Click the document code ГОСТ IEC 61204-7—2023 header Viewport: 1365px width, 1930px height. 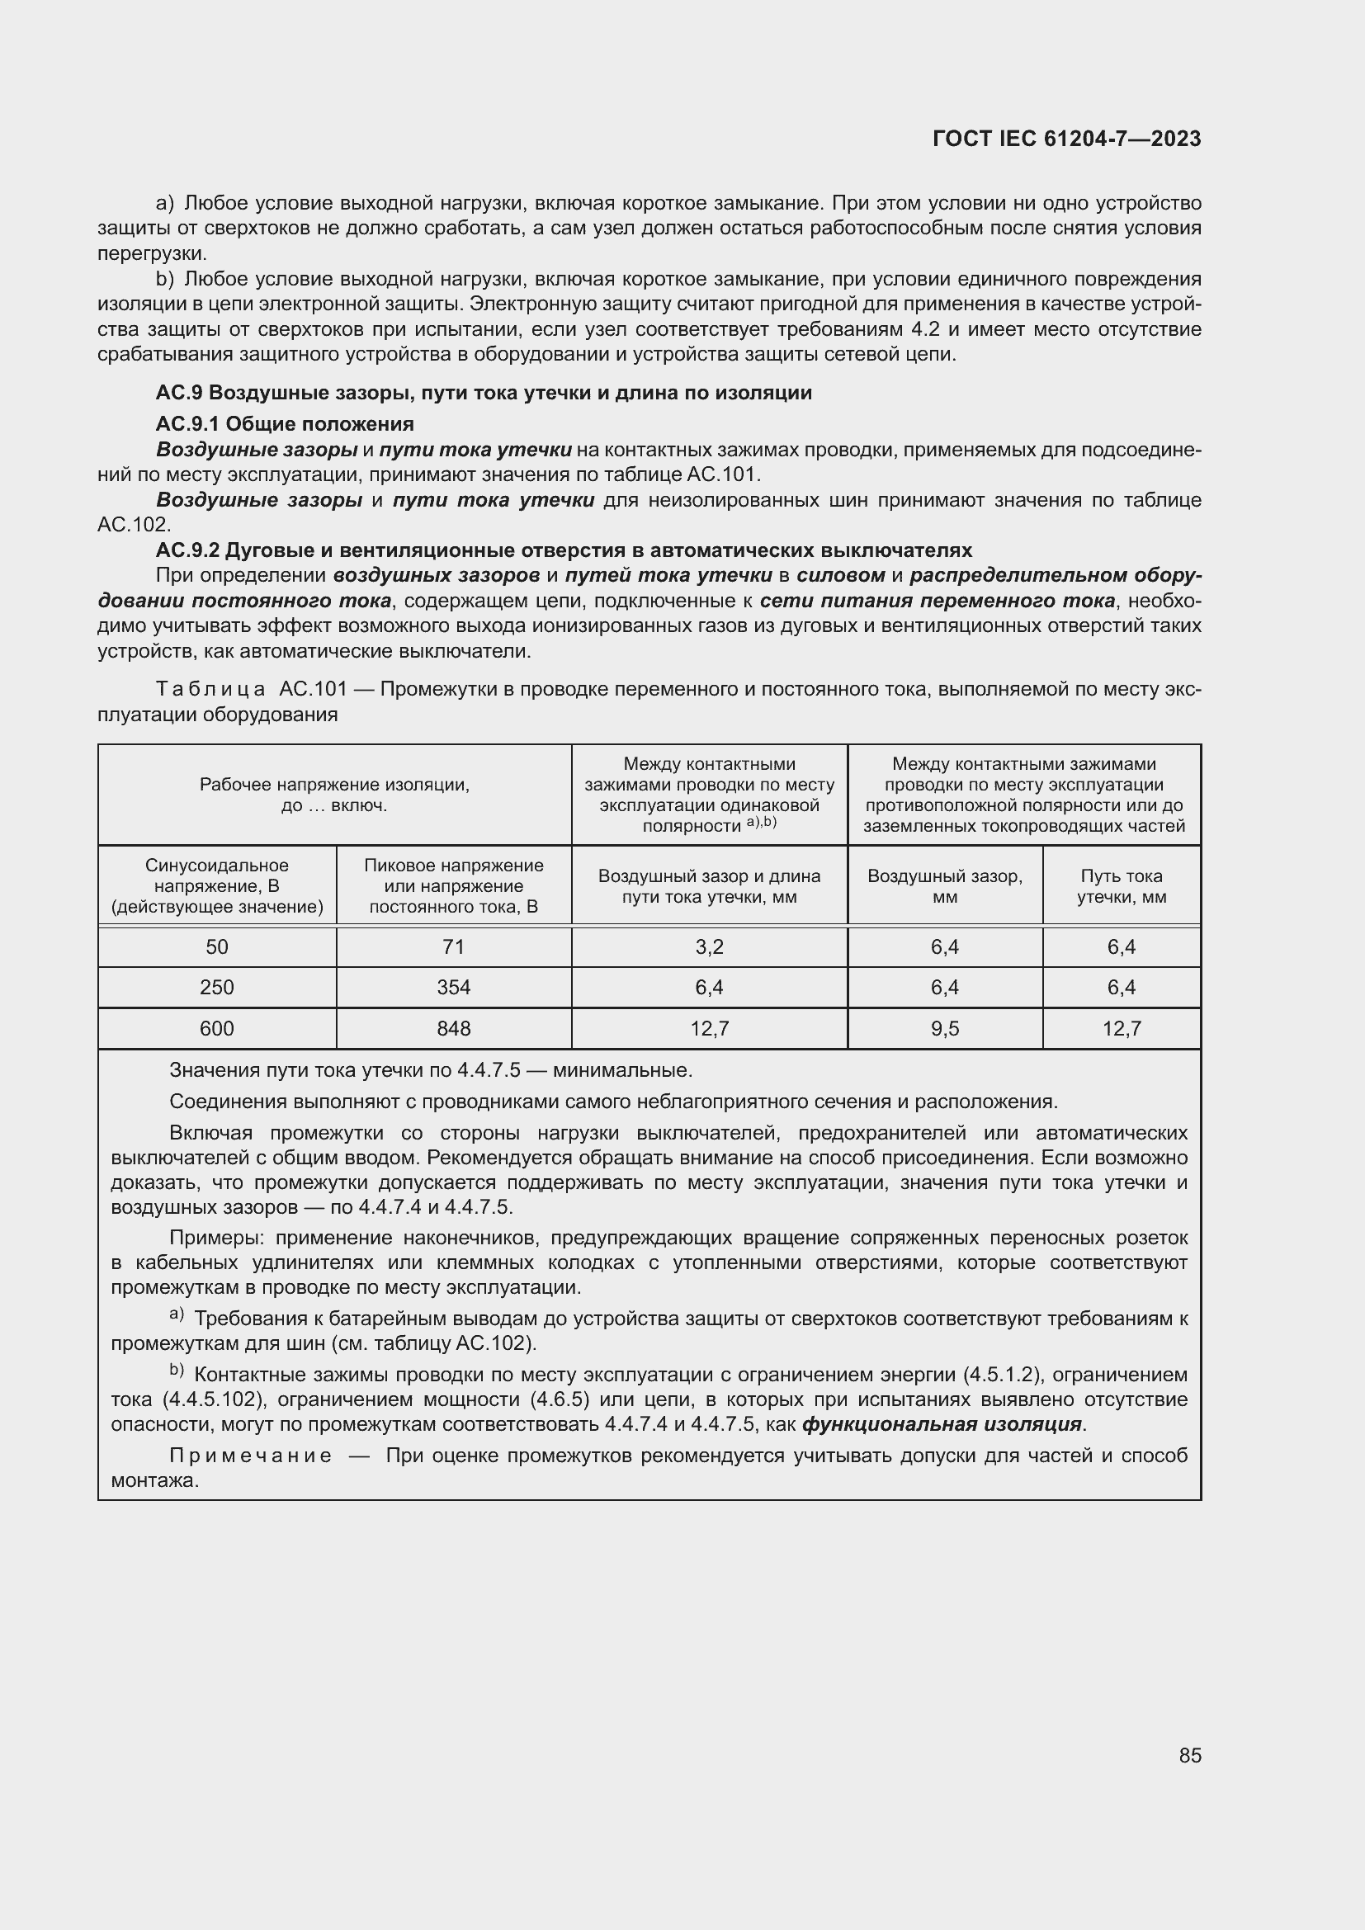tap(1066, 139)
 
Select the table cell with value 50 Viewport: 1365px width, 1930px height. tap(217, 947)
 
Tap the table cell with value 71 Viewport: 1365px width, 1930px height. tap(453, 947)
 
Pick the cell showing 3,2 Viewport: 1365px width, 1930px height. tap(709, 947)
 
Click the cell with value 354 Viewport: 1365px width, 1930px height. tap(453, 988)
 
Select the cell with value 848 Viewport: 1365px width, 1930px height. tap(453, 1029)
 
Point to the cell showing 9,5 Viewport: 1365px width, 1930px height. tap(945, 1029)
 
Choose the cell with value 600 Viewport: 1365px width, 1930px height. tap(217, 1029)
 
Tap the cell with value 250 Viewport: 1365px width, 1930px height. tap(217, 988)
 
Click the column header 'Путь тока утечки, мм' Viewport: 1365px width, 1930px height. tap(1122, 886)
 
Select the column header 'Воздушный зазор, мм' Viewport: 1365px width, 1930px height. tap(945, 886)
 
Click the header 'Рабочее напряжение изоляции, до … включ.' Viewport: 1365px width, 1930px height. tap(334, 795)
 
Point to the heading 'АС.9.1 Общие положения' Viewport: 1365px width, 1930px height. tap(285, 423)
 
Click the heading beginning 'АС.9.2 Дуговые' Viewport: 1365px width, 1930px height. tap(563, 550)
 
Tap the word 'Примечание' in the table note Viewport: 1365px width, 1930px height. tap(251, 1456)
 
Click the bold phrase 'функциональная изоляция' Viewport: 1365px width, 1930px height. tap(942, 1425)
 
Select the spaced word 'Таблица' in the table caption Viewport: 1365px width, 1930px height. tap(211, 690)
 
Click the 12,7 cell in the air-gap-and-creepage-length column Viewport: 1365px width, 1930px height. tap(709, 1029)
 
